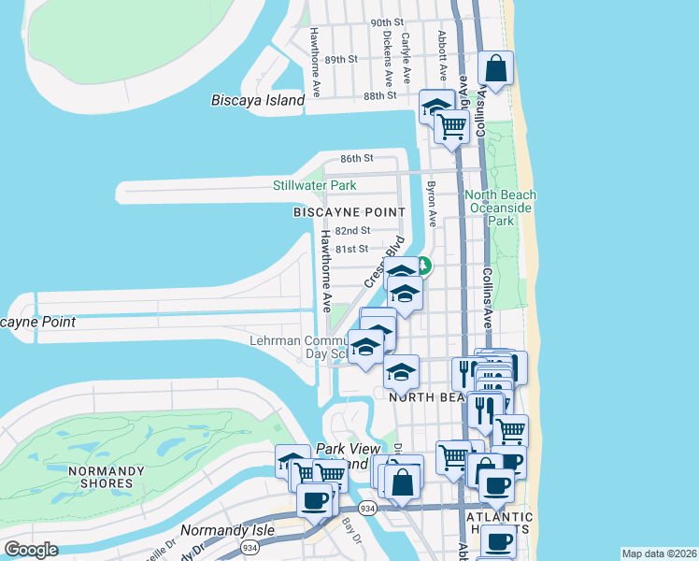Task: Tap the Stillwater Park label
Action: coord(314,186)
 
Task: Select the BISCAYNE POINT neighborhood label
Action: coord(349,212)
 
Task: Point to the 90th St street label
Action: coord(386,22)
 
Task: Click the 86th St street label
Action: coord(356,159)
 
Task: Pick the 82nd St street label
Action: coord(353,230)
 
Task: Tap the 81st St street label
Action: coord(351,249)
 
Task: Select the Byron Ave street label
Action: coord(431,205)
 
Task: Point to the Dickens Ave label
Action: coord(386,54)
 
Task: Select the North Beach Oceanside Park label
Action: coord(502,208)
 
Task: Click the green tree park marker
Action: coord(422,266)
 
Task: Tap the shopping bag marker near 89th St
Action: coord(496,68)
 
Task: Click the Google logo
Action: coord(32,549)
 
